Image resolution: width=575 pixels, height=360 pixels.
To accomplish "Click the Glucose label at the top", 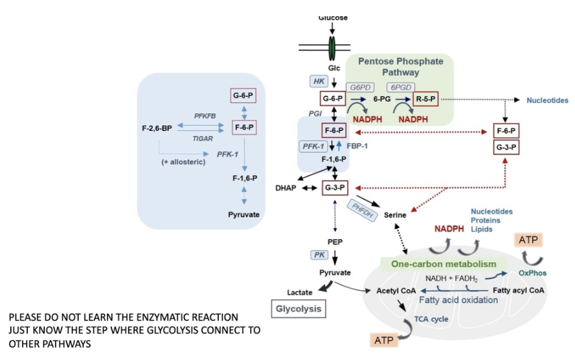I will pyautogui.click(x=333, y=17).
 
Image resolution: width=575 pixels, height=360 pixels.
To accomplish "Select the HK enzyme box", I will pyautogui.click(x=319, y=81).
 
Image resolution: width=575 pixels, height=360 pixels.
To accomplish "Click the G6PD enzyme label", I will pyautogui.click(x=361, y=87).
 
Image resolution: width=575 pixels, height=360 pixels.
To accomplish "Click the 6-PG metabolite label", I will pyautogui.click(x=383, y=100).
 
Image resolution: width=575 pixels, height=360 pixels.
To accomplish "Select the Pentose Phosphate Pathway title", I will pyautogui.click(x=400, y=67).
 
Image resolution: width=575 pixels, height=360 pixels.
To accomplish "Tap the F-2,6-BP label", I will pyautogui.click(x=155, y=128).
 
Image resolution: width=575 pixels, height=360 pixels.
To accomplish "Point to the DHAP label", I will pyautogui.click(x=285, y=188).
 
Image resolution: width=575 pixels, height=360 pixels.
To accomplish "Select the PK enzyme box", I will pyautogui.click(x=320, y=254).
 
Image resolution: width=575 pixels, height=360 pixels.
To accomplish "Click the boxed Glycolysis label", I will pyautogui.click(x=299, y=309).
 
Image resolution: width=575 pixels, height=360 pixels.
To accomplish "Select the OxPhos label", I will pyautogui.click(x=532, y=273).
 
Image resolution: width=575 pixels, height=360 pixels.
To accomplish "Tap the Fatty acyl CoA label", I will pyautogui.click(x=519, y=290).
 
